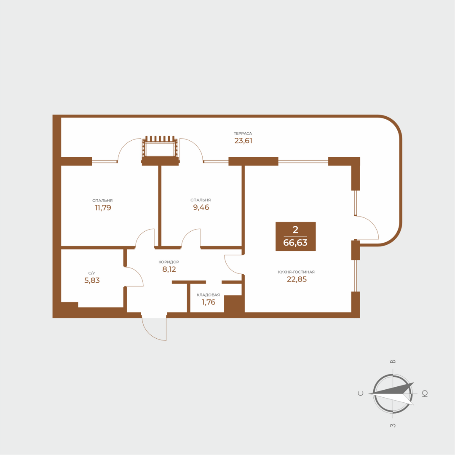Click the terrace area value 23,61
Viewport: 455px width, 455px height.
(243, 141)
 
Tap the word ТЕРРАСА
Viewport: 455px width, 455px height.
(243, 134)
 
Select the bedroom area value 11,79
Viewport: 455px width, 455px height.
(103, 207)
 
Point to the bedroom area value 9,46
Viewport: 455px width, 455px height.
(201, 207)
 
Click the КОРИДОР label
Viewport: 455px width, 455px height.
(169, 262)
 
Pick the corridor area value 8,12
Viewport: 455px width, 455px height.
(169, 269)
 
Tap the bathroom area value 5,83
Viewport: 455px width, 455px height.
(92, 280)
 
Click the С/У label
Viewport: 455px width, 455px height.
(92, 273)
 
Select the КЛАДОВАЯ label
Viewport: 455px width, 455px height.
(208, 295)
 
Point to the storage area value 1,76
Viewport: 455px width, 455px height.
(208, 302)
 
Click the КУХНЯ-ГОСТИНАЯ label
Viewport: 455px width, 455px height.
(296, 272)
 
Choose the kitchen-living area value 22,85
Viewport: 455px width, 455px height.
(297, 279)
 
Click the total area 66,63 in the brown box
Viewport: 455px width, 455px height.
(295, 243)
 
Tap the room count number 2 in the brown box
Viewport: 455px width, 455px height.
(295, 230)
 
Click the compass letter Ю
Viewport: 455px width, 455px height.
(425, 393)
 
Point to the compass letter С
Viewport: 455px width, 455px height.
(361, 393)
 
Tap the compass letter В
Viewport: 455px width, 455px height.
(393, 361)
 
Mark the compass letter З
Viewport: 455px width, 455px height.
(393, 426)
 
